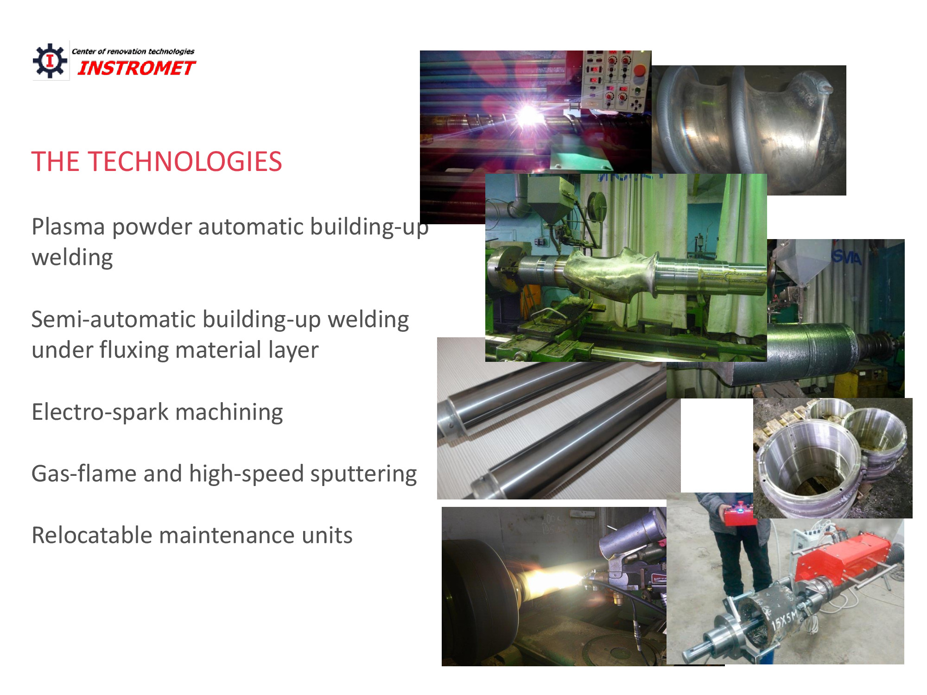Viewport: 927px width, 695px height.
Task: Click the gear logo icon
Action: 50,61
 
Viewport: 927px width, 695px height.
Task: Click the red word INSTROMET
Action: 137,68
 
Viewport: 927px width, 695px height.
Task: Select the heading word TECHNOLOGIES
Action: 185,162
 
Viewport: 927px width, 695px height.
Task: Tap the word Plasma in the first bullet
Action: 68,227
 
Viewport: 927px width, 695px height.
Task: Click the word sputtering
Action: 363,474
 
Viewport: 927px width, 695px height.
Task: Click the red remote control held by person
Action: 740,513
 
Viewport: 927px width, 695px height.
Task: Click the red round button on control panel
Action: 640,70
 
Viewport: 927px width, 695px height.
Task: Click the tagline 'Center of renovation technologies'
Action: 133,51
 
